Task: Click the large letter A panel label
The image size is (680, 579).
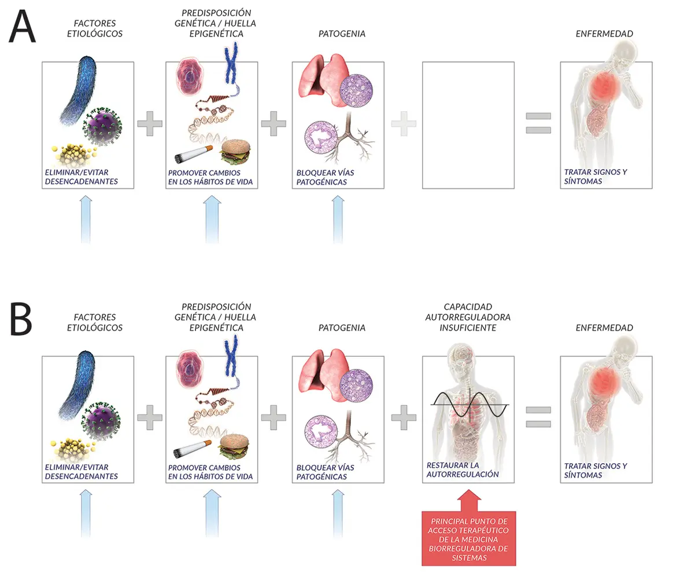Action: coord(22,27)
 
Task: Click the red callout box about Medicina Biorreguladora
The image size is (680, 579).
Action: coord(468,537)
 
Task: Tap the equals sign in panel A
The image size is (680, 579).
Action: coord(538,123)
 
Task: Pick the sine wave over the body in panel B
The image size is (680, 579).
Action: coord(468,404)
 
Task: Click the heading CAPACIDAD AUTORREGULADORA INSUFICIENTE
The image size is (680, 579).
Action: coord(468,317)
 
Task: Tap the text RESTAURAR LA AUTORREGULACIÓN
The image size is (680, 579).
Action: coord(463,470)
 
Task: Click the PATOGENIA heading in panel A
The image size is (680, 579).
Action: coord(342,34)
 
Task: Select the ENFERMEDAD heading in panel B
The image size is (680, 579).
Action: coord(604,328)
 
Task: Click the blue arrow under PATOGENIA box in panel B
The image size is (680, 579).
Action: coord(338,512)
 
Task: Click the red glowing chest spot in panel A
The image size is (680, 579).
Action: coord(604,89)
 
